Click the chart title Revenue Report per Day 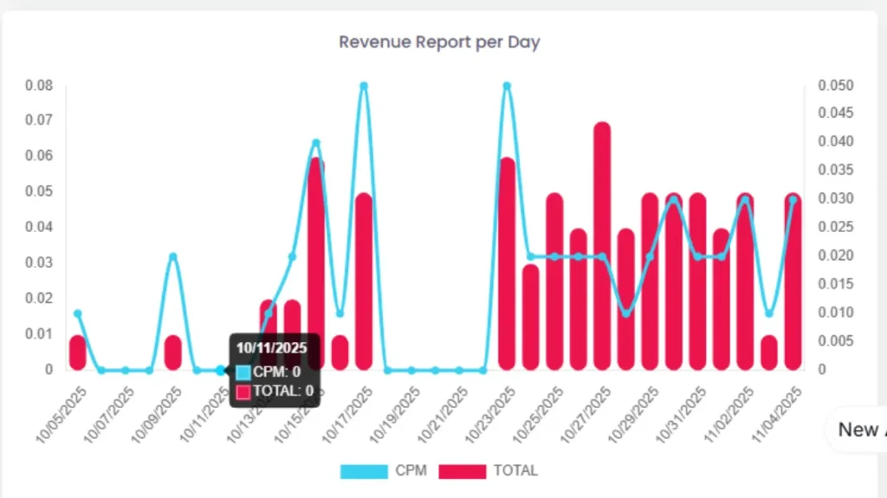pyautogui.click(x=439, y=42)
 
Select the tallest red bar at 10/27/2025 pyautogui.click(x=602, y=247)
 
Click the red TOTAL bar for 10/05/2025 pyautogui.click(x=78, y=352)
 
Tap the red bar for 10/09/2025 pyautogui.click(x=173, y=352)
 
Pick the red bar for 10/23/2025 pyautogui.click(x=507, y=264)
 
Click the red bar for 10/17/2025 pyautogui.click(x=364, y=281)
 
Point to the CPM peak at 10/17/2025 pyautogui.click(x=364, y=86)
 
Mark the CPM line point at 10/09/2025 pyautogui.click(x=173, y=256)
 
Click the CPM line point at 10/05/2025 pyautogui.click(x=78, y=314)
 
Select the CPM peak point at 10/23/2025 pyautogui.click(x=507, y=86)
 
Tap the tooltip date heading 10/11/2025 pyautogui.click(x=272, y=348)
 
